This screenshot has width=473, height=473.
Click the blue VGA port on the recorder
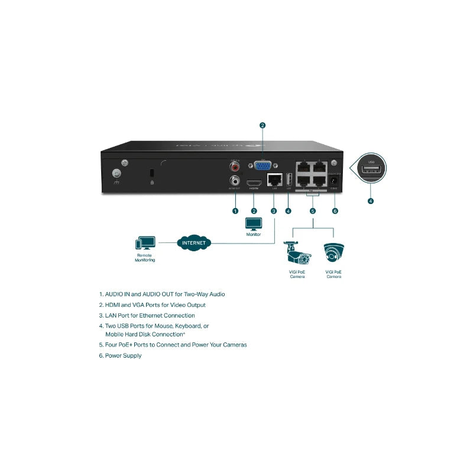point(263,166)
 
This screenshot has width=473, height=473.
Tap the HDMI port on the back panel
point(254,182)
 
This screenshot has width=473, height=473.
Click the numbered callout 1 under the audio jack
point(235,210)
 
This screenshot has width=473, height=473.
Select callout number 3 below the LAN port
point(274,210)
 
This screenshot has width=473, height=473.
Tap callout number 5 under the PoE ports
point(313,210)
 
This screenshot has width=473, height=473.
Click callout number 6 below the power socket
point(335,210)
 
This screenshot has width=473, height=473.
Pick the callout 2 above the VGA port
point(263,125)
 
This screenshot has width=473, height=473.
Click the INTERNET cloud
point(194,242)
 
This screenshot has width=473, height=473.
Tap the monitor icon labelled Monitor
point(254,224)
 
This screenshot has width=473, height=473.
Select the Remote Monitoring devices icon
point(145,243)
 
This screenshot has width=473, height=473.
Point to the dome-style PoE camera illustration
point(334,254)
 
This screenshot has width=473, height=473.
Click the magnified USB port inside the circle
point(371,171)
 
